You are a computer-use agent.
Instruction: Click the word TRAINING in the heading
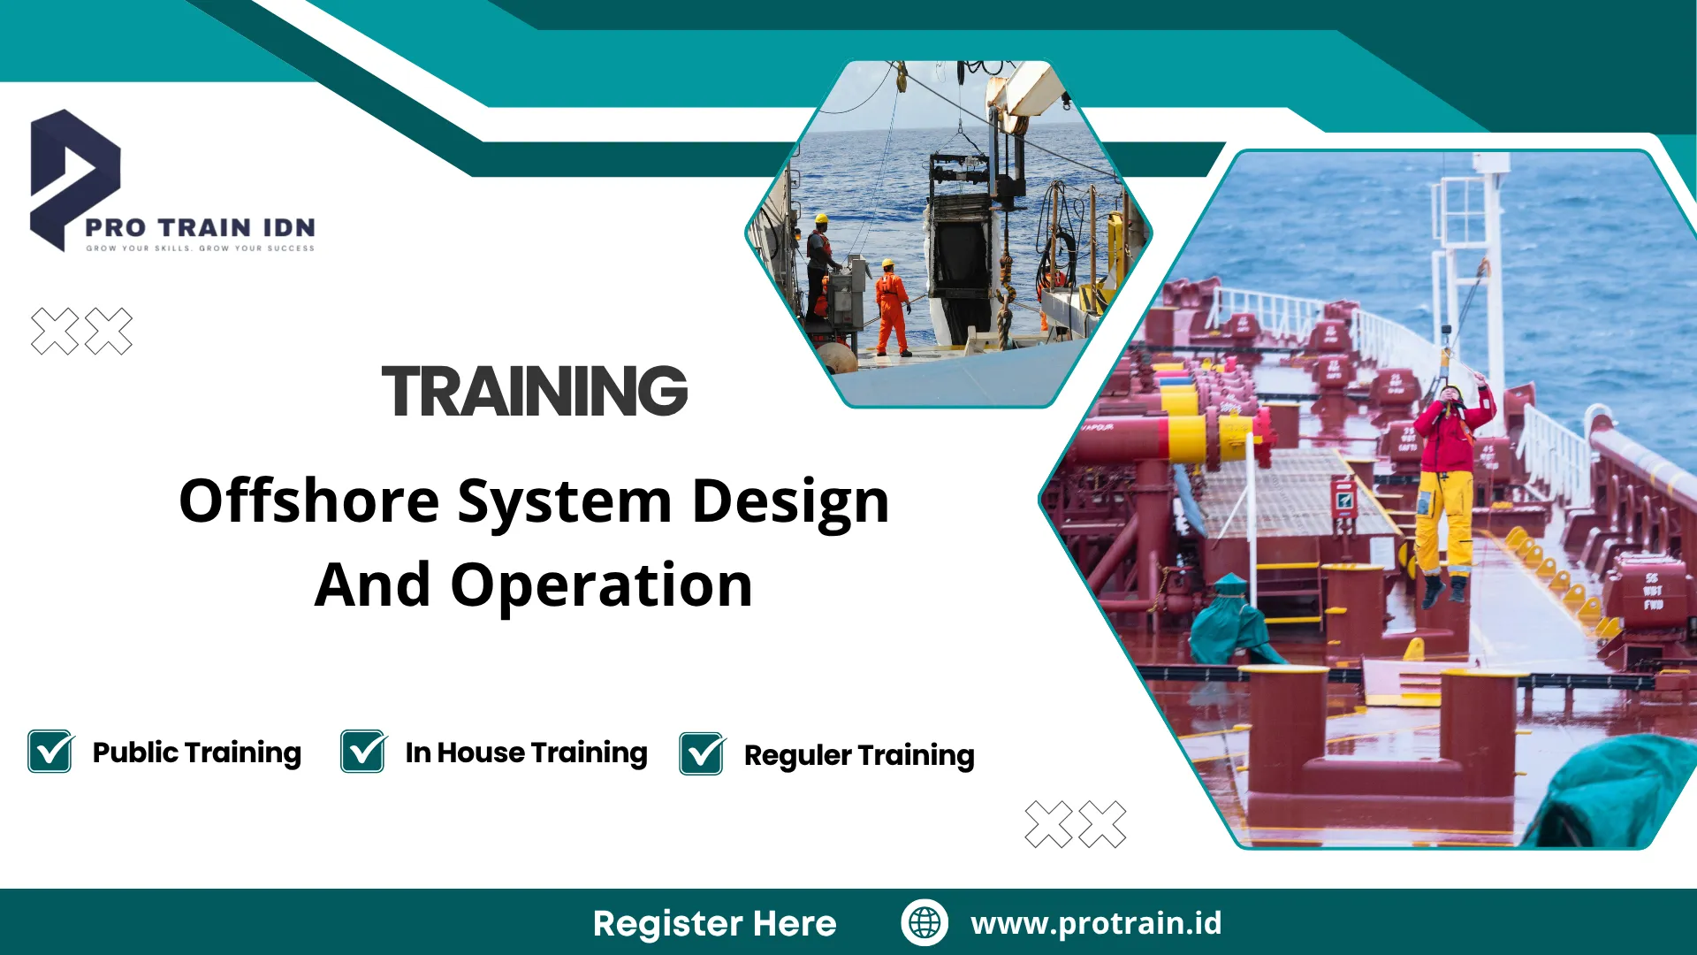[534, 391]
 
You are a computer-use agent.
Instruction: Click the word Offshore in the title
[308, 501]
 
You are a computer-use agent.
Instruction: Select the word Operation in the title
[601, 585]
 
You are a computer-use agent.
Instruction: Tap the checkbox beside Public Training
[50, 752]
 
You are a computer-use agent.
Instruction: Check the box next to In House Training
[362, 752]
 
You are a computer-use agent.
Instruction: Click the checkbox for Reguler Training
[702, 754]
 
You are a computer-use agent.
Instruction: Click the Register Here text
[714, 923]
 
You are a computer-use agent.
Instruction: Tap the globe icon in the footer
[925, 922]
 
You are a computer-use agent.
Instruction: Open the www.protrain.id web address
[1096, 922]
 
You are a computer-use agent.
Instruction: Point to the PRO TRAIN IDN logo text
[200, 227]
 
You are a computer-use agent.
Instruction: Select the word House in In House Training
[481, 753]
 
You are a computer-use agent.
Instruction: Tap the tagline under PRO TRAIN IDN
[200, 248]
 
